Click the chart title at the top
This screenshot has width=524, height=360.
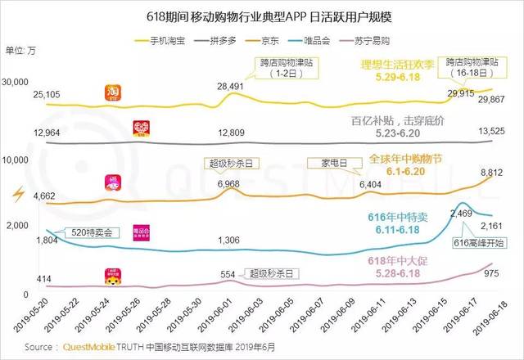tap(262, 15)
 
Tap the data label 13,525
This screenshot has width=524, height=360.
tap(490, 129)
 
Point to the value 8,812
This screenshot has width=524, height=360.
tap(490, 173)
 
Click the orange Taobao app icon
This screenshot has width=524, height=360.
tap(115, 95)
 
